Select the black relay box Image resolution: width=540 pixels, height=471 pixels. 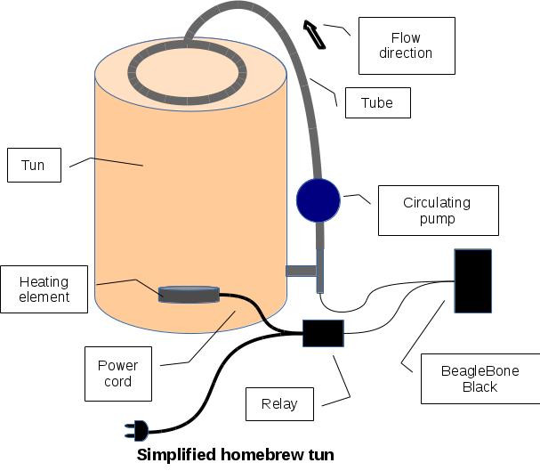click(323, 333)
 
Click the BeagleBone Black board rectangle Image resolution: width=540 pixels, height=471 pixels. click(472, 280)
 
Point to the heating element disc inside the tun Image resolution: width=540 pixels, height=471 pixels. click(188, 294)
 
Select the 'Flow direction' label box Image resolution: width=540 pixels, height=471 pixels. click(406, 45)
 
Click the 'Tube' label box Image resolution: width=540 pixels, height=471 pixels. click(377, 102)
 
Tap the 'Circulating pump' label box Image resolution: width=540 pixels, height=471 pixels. click(437, 210)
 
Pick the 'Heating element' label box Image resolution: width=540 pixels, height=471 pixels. click(44, 288)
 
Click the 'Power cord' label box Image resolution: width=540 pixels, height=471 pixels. click(118, 373)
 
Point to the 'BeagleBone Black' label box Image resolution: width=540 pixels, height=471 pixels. click(480, 378)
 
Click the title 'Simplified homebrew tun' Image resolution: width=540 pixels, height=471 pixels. click(236, 455)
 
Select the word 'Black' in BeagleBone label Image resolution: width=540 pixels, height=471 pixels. click(480, 386)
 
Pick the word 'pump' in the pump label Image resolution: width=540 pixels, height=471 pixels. click(437, 218)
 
